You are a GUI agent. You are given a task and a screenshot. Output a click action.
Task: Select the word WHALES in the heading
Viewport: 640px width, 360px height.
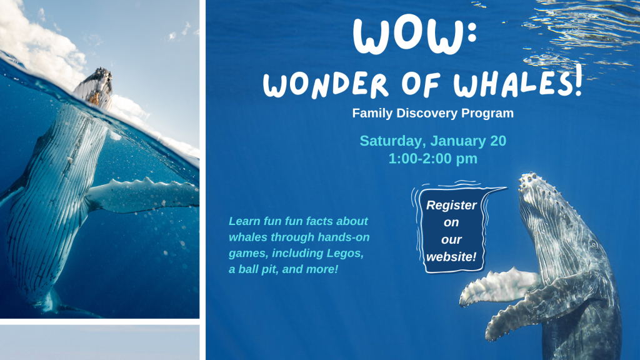point(513,84)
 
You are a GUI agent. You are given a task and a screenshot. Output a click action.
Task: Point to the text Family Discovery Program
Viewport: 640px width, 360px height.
point(432,114)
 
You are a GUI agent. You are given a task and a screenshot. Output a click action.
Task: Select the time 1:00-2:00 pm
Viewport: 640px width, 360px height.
point(432,159)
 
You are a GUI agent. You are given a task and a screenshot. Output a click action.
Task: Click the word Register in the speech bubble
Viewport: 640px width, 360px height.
point(451,206)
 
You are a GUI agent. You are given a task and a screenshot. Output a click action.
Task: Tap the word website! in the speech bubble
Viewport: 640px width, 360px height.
point(451,256)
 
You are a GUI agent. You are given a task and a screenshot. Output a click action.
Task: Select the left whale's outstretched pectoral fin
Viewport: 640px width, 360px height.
point(144,194)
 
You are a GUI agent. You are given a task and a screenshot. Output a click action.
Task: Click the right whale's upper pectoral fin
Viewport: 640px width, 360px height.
point(497,285)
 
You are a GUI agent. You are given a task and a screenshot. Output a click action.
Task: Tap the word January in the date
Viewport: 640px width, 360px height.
point(454,141)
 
